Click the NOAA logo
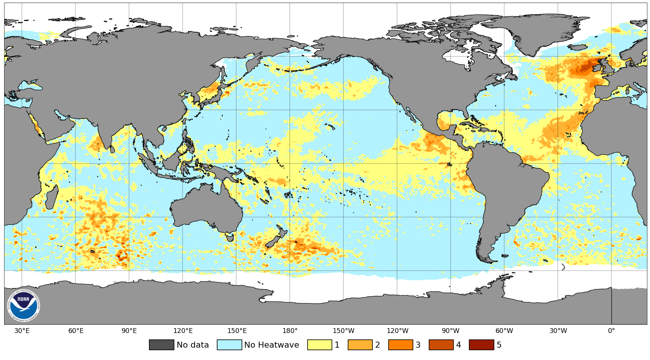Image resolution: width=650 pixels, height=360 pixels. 23,306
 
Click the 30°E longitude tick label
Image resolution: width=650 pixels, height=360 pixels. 22,331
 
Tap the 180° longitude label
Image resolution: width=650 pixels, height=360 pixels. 290,331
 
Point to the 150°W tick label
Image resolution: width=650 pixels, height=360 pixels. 343,331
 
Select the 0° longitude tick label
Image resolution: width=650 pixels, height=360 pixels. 611,331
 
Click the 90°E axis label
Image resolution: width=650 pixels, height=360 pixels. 129,331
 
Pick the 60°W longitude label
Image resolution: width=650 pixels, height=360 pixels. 504,331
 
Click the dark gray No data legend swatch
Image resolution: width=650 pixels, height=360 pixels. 161,345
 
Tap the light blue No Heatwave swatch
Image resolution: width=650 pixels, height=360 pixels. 229,345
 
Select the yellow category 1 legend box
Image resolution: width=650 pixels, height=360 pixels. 320,345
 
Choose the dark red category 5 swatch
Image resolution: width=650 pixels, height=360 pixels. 481,345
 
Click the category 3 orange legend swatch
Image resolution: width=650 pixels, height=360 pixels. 401,345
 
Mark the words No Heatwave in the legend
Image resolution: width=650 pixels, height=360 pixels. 272,345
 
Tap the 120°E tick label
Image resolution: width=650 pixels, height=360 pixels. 183,331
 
